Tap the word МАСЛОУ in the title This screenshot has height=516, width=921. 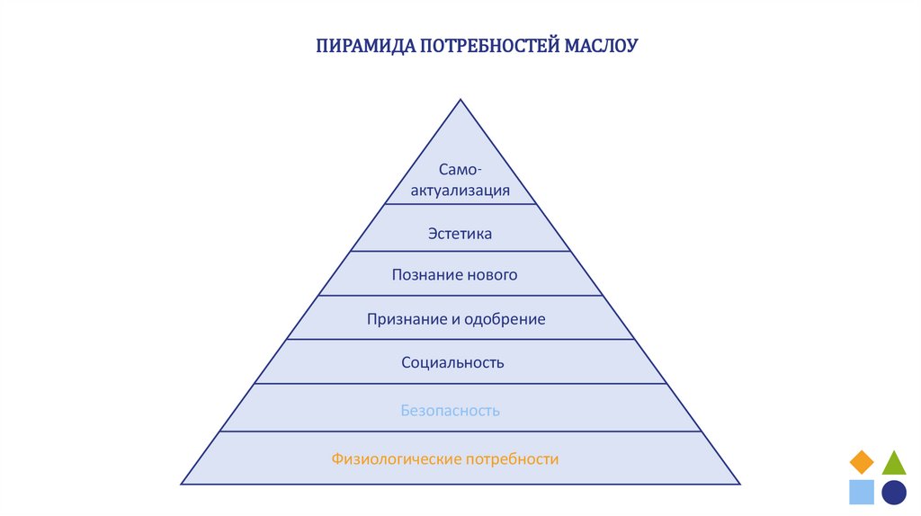pyautogui.click(x=601, y=46)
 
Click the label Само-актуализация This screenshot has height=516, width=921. pyautogui.click(x=461, y=180)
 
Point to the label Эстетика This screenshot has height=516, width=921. pyautogui.click(x=460, y=234)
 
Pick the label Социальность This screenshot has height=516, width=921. pyautogui.click(x=452, y=363)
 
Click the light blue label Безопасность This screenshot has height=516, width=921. pyautogui.click(x=450, y=411)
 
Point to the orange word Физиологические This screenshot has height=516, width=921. pyautogui.click(x=396, y=459)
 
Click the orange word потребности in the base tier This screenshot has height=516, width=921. pyautogui.click(x=512, y=459)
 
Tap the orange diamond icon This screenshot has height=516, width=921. pyautogui.click(x=862, y=462)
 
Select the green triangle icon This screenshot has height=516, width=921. pyautogui.click(x=894, y=462)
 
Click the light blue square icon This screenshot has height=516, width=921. pyautogui.click(x=862, y=492)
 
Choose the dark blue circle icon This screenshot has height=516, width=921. pyautogui.click(x=894, y=492)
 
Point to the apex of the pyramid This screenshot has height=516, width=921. pyautogui.click(x=460, y=101)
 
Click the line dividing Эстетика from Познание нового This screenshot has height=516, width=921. pyautogui.click(x=460, y=252)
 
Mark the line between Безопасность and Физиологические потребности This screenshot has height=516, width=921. pyautogui.click(x=460, y=431)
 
